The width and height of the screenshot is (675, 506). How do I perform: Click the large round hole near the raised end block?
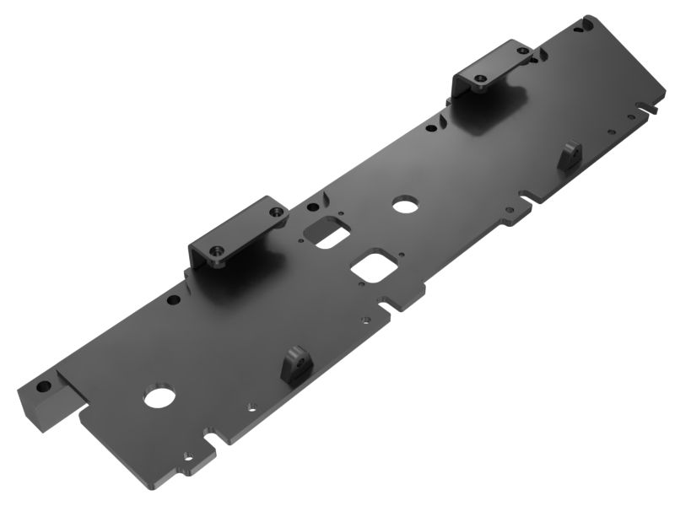(x=158, y=396)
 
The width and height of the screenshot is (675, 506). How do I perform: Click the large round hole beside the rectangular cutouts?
(x=406, y=205)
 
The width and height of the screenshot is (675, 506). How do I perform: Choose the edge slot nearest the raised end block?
(x=213, y=439)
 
